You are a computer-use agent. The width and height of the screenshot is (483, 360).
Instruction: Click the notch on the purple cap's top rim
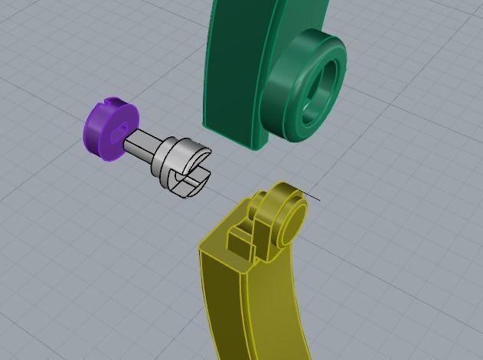coord(113,101)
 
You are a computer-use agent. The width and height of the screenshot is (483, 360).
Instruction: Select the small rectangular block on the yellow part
coord(240,241)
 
